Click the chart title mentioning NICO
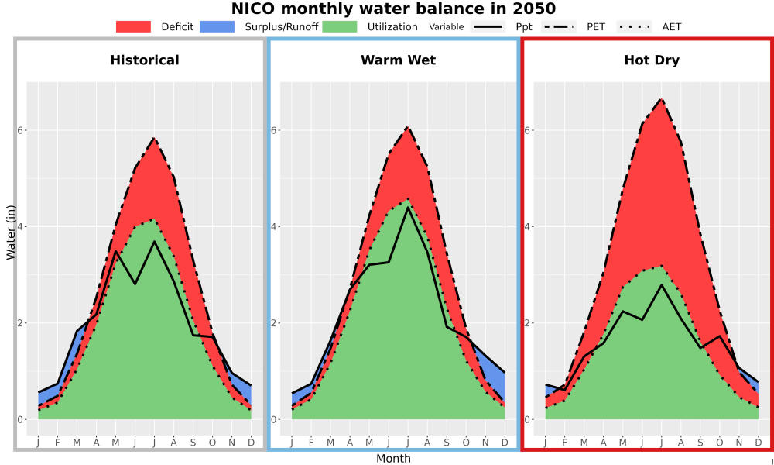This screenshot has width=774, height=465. point(393,9)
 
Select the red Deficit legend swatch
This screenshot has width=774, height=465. point(133,26)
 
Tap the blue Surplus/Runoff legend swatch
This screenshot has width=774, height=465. point(217,26)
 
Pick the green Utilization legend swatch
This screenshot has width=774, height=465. point(340,26)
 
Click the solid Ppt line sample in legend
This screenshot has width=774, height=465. point(488,26)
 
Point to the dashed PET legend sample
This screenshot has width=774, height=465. point(559,26)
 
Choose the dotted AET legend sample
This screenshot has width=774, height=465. point(634,26)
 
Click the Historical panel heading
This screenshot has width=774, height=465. point(145,60)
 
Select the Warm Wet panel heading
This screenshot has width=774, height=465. point(399,60)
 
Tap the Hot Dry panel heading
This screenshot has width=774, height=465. point(652,60)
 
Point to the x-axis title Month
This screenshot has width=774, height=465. point(393,459)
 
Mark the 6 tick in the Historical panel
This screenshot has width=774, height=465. point(21,130)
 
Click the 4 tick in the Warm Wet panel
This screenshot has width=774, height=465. point(275,227)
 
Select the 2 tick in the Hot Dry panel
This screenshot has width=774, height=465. point(528,323)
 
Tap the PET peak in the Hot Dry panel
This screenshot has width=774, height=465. point(661,99)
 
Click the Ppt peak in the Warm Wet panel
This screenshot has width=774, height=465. point(408,208)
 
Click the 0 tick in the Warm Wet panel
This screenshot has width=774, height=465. point(275,419)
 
